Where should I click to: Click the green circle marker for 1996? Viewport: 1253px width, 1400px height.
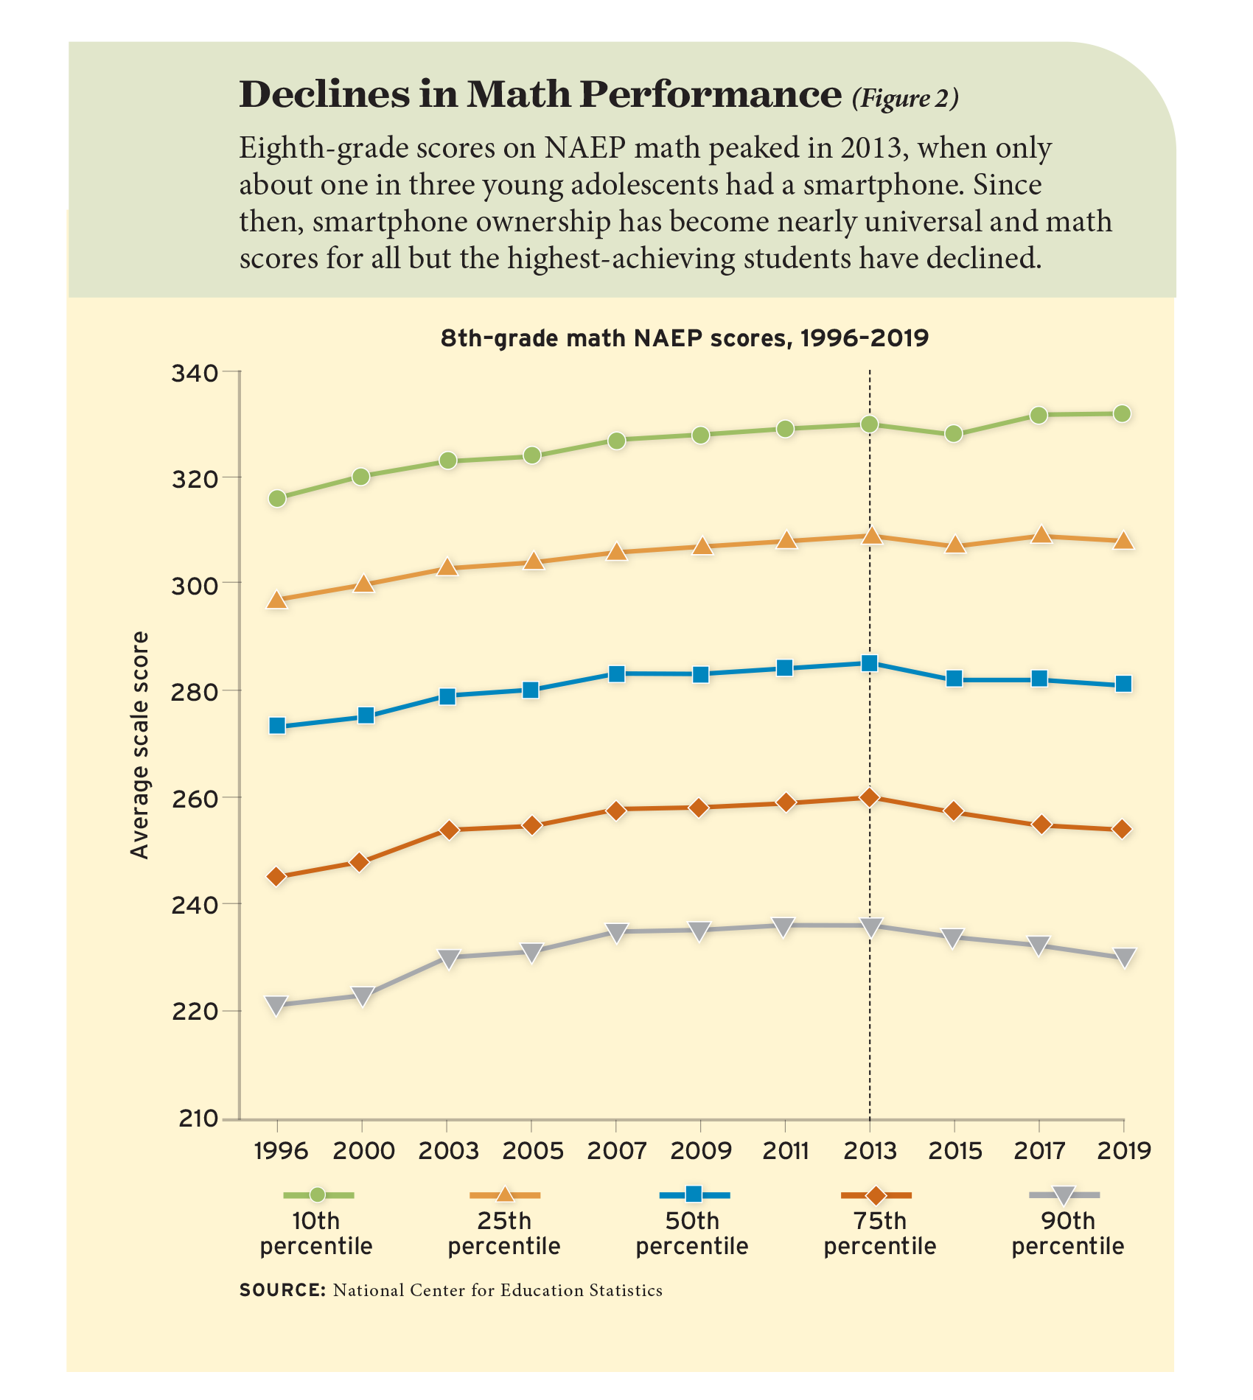coord(277,499)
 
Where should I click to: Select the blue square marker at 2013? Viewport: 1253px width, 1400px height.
coord(870,663)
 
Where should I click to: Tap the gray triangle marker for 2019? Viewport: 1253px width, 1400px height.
coord(1123,957)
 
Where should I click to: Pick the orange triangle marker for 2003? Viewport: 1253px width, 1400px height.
coord(447,567)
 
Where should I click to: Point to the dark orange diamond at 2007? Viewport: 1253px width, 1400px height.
coord(617,811)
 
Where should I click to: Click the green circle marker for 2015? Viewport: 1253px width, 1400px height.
coord(954,434)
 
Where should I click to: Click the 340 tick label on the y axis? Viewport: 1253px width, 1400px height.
coord(195,374)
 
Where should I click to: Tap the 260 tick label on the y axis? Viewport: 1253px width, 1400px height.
coord(195,799)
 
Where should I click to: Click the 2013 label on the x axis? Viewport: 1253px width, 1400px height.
coord(870,1150)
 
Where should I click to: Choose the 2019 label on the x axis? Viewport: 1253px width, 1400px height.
coord(1123,1150)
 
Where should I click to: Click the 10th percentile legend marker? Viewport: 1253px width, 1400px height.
coord(318,1194)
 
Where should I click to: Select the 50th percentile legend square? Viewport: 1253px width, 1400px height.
coord(694,1194)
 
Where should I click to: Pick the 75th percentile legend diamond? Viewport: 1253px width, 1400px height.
coord(876,1194)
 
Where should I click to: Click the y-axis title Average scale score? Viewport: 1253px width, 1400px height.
coord(139,745)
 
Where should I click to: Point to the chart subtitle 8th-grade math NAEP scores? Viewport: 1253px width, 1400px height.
coord(684,338)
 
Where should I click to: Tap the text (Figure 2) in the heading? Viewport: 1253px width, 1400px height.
coord(905,99)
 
